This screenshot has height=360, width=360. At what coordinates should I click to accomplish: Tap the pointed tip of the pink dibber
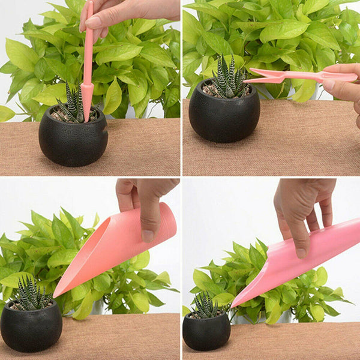click(x=86, y=119)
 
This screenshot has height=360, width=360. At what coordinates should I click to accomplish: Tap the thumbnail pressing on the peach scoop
click(x=148, y=236)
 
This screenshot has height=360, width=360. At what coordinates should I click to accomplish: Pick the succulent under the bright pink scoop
click(x=206, y=305)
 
